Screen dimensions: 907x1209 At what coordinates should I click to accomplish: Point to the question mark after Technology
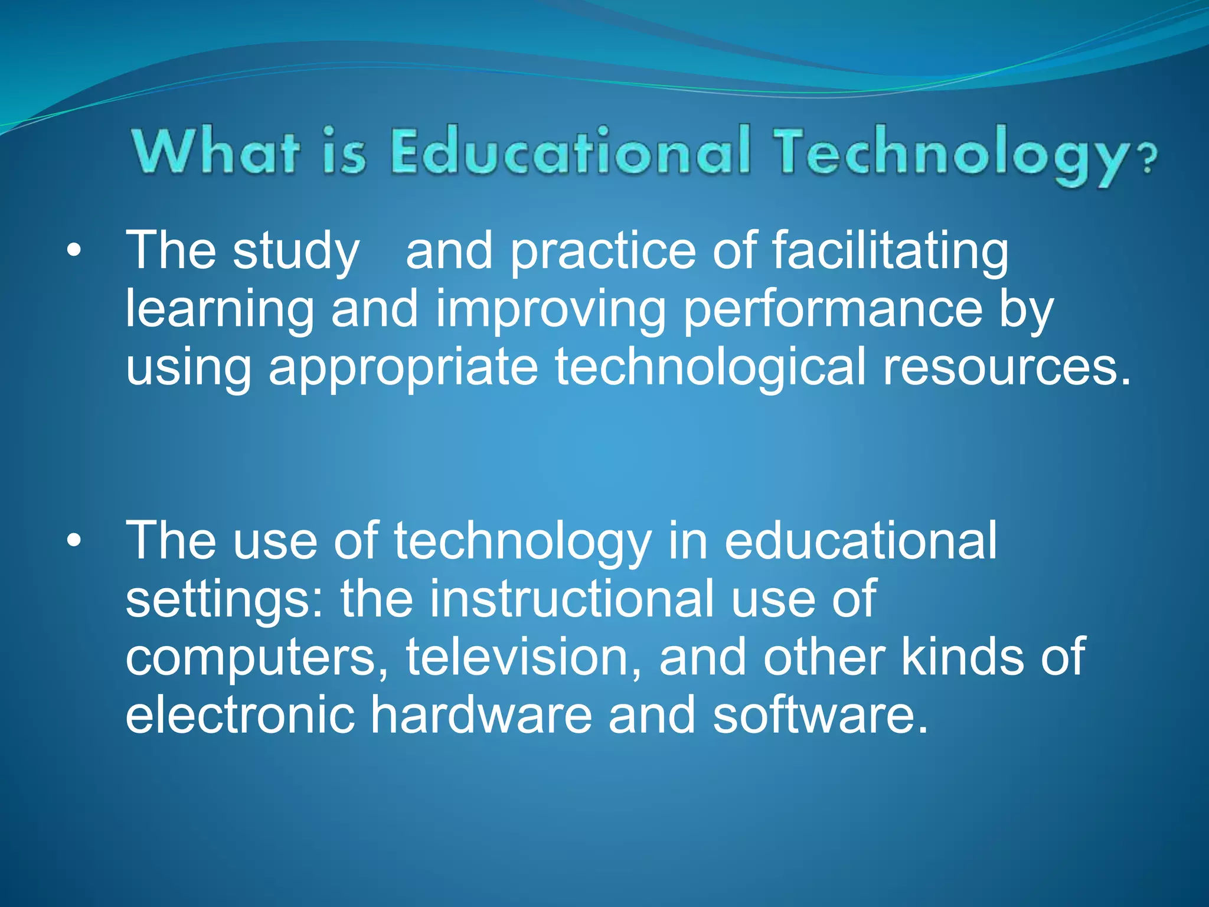coord(1148,159)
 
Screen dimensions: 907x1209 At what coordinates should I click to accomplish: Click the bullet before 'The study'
coord(73,251)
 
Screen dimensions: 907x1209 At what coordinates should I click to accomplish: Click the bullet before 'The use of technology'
coord(73,541)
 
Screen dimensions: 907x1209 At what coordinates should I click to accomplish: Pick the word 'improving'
coord(550,310)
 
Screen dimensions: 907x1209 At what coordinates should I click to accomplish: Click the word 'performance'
coord(832,310)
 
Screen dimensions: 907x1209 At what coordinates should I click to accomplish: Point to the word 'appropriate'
coord(403,368)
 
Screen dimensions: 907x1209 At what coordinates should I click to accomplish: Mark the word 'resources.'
coord(1007,367)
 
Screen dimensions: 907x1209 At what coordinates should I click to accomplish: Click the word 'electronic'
coord(240,714)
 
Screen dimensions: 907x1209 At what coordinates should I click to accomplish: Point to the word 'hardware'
coord(481,714)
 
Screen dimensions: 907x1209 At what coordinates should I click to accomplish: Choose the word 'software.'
coord(821,714)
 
